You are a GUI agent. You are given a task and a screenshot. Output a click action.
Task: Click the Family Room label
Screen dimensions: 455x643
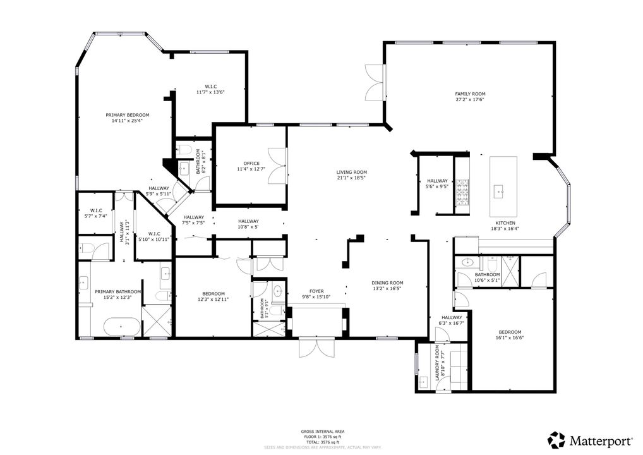pos(470,94)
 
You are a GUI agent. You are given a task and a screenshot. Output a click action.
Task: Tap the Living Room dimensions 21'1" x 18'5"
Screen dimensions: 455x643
pos(351,178)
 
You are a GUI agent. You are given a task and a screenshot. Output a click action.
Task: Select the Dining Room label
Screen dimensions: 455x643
pos(388,283)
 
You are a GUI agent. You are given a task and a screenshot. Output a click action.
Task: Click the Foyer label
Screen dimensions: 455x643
pos(316,291)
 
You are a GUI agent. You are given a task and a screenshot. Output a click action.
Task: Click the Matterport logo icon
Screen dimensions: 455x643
pos(556,440)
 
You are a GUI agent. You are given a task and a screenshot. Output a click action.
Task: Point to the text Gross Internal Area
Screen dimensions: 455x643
pos(322,432)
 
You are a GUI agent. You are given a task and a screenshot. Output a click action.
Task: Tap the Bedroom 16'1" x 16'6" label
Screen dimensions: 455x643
pos(510,332)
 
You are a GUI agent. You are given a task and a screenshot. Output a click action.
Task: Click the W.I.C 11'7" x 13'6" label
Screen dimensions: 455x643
pos(210,87)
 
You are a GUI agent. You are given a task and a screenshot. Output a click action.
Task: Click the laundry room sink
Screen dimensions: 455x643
pos(423,381)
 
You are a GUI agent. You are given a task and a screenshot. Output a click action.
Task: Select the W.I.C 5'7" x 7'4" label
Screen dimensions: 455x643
pos(96,210)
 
